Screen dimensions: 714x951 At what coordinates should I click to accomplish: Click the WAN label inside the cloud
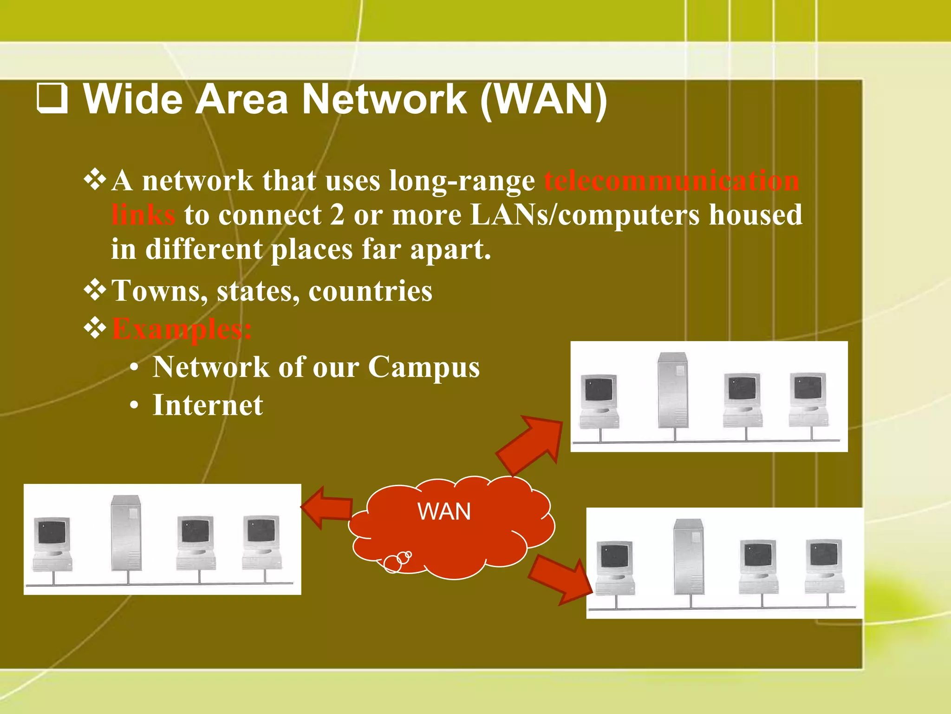444,512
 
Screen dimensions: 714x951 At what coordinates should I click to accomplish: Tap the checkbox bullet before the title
52,99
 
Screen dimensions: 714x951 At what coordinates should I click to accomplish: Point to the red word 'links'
143,215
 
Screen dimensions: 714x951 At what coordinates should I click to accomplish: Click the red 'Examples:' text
182,329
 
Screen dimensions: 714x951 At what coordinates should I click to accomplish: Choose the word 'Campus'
423,367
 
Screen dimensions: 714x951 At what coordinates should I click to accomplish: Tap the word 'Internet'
208,405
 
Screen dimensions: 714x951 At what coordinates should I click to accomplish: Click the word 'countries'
370,291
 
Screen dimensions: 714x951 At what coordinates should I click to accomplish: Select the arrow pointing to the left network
327,508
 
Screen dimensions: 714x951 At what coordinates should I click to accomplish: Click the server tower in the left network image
126,533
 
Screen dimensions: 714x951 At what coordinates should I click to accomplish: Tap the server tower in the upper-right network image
673,390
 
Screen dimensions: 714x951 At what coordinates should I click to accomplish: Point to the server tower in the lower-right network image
689,556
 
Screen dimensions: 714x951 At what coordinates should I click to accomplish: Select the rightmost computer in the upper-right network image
808,399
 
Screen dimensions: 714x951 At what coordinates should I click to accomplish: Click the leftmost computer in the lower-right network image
615,567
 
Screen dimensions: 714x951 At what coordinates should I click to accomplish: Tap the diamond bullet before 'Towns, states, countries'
95,291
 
